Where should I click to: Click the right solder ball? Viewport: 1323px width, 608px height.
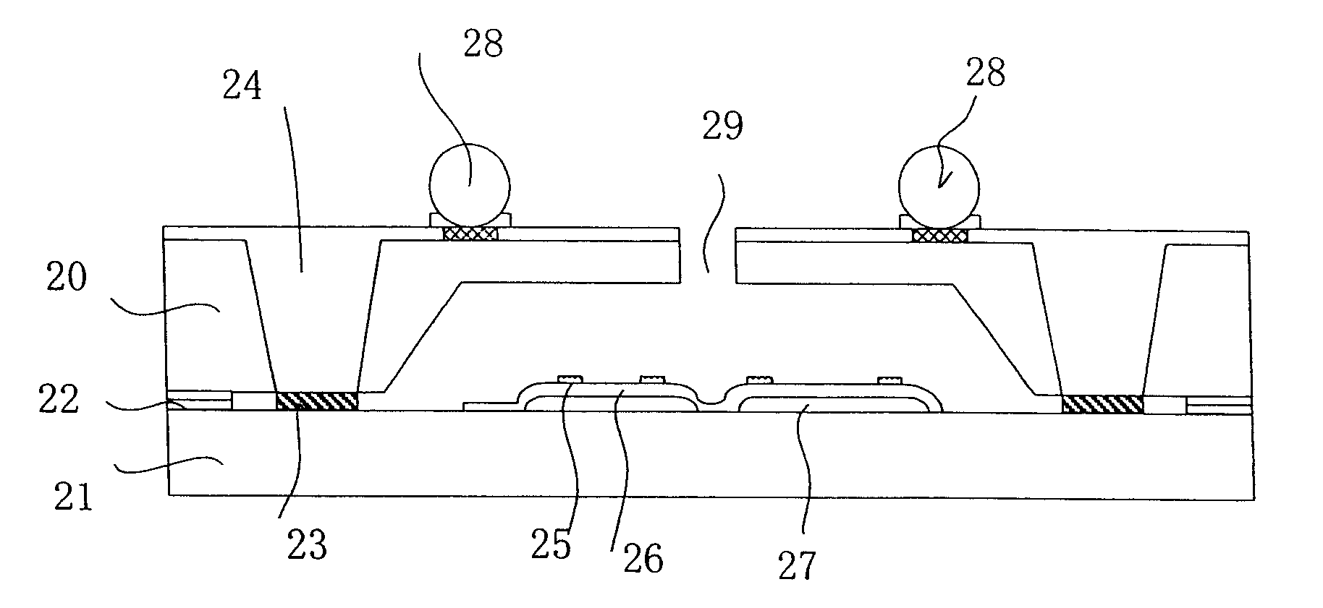[939, 187]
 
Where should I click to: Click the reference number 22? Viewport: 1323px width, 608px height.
[59, 400]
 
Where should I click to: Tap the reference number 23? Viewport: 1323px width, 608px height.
[307, 545]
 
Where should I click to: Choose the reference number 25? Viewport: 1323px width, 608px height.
[551, 544]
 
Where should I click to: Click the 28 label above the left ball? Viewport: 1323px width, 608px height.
[483, 45]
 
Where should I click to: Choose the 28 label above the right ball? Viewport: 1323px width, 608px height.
[985, 74]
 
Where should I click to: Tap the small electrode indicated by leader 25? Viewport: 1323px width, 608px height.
[570, 378]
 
